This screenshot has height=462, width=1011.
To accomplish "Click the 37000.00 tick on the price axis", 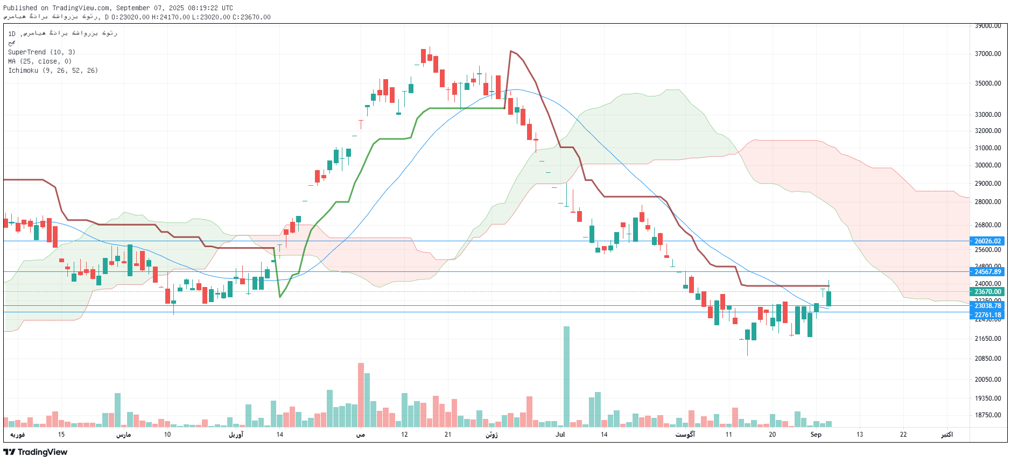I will tap(988, 54).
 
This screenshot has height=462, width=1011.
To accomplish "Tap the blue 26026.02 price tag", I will tap(988, 241).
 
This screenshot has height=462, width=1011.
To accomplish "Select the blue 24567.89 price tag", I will tap(988, 272).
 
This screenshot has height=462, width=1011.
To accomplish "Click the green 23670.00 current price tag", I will tap(988, 292).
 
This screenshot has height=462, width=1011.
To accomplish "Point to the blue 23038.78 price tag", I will tap(988, 306).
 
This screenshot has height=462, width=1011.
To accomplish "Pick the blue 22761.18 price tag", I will tap(988, 315).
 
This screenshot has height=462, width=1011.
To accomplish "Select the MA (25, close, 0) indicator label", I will tap(40, 61).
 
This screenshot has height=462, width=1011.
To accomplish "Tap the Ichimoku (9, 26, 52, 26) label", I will tap(53, 71).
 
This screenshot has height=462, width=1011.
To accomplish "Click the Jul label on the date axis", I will tap(560, 435).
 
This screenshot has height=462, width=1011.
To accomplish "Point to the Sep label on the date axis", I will tap(816, 435).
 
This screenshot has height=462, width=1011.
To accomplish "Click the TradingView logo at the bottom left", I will tap(36, 452).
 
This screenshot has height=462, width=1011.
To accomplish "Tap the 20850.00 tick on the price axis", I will tap(988, 359).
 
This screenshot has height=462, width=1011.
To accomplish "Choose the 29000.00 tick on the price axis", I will tap(988, 184).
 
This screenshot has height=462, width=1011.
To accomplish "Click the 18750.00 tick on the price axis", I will tap(988, 415).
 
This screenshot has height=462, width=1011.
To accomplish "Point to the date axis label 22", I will tap(903, 435).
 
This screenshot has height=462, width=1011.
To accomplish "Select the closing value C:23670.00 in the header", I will tap(251, 17).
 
